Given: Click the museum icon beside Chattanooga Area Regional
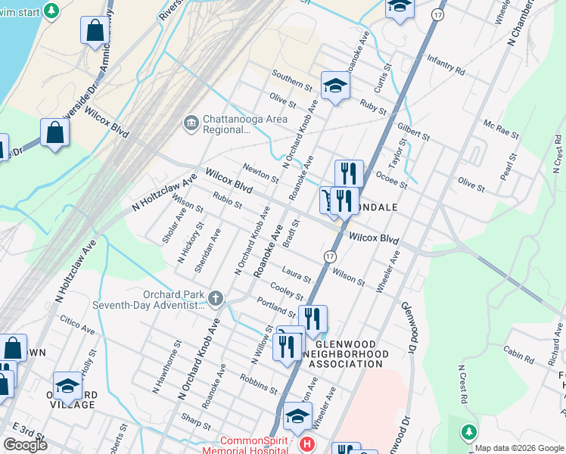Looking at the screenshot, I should click(x=190, y=122).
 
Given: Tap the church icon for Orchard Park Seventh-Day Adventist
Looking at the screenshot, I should click(x=216, y=299).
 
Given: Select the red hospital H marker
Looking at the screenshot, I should click(x=306, y=443).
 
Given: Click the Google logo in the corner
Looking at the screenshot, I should click(x=25, y=445).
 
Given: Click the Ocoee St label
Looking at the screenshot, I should click(x=392, y=179).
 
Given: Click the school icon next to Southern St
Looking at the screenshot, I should click(x=334, y=86).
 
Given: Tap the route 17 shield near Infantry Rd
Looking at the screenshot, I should click(x=437, y=15).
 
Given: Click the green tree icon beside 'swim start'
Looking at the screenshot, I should click(x=51, y=11).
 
